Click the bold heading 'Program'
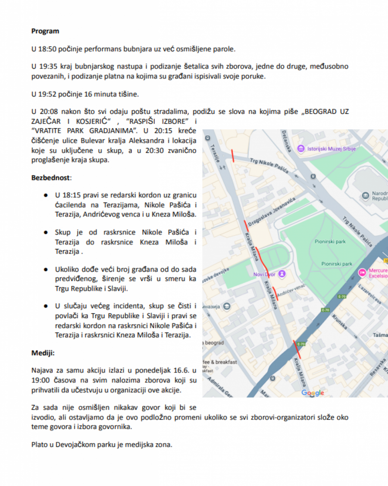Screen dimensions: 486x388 coord(45,31)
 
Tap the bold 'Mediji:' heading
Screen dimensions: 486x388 coord(43,353)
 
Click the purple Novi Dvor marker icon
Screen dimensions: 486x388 coord(282,273)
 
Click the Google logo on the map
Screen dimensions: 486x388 coord(313,392)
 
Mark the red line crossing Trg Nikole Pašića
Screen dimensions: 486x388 coord(233,156)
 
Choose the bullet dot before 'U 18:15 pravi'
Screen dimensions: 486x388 coord(45,195)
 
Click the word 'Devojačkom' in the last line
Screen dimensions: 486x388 coord(74,445)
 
